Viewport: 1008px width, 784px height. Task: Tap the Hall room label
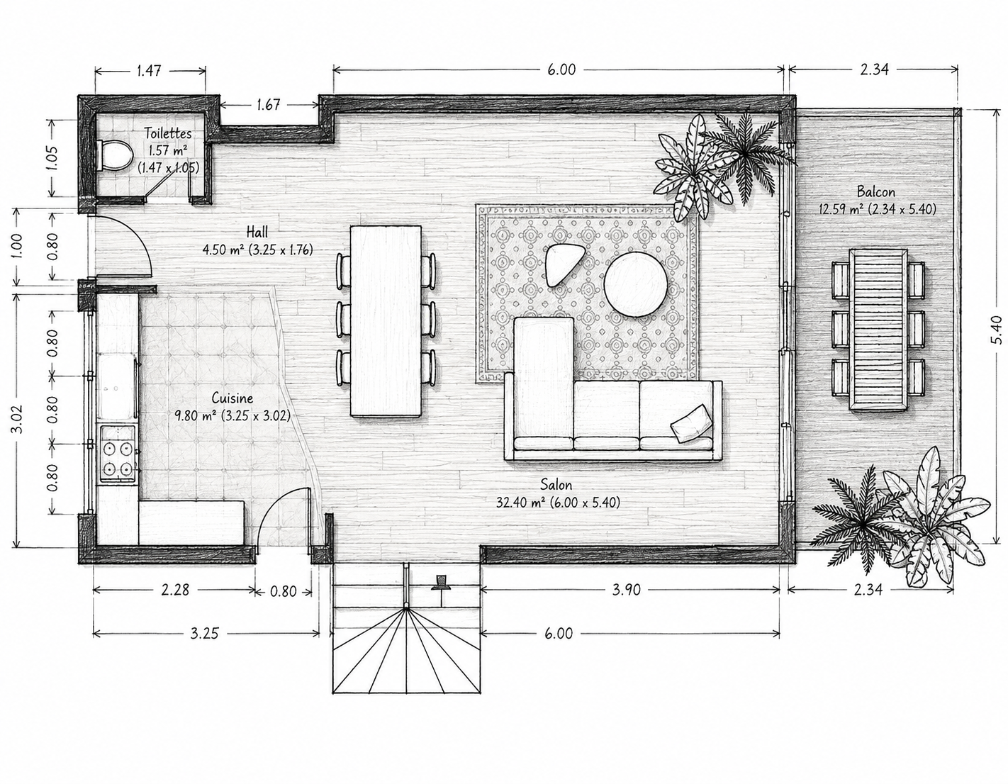pyautogui.click(x=257, y=232)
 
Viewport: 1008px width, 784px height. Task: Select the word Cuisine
pyautogui.click(x=233, y=398)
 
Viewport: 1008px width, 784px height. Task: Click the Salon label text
pyautogui.click(x=556, y=485)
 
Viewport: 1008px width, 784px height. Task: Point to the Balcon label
pyautogui.click(x=876, y=191)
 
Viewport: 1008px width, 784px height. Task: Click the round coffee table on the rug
pyautogui.click(x=636, y=284)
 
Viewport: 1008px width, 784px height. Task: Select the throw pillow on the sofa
pyautogui.click(x=692, y=423)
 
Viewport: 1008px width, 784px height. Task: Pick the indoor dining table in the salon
pyautogui.click(x=386, y=320)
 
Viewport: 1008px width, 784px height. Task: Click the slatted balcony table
pyautogui.click(x=878, y=330)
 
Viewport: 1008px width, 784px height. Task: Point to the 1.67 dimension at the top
pyautogui.click(x=269, y=105)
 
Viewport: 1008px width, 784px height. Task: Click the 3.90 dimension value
pyautogui.click(x=626, y=590)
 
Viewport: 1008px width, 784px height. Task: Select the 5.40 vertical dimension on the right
pyautogui.click(x=997, y=330)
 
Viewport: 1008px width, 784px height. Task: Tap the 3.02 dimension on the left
pyautogui.click(x=18, y=420)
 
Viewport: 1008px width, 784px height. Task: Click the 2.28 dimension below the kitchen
pyautogui.click(x=175, y=590)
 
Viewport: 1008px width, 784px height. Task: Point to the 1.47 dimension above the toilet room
pyautogui.click(x=149, y=70)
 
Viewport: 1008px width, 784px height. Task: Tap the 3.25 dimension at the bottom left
pyautogui.click(x=204, y=633)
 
